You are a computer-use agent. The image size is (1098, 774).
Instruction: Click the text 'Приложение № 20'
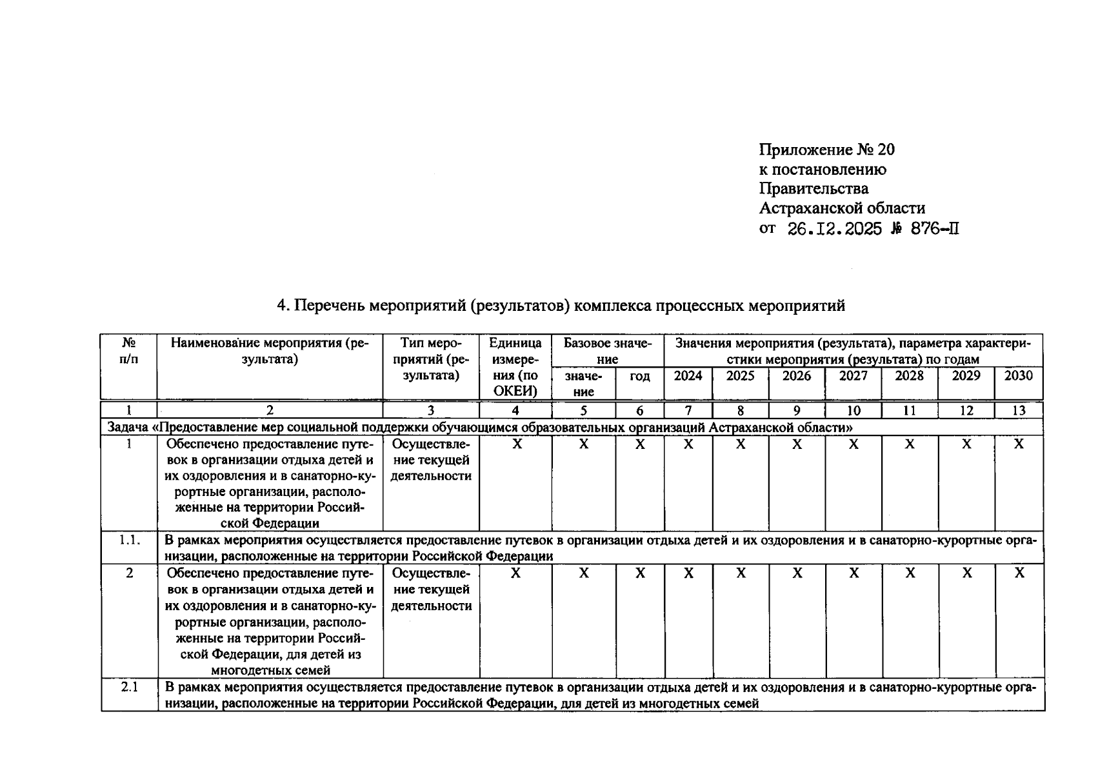point(826,150)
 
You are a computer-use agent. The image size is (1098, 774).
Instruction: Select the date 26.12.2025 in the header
point(835,229)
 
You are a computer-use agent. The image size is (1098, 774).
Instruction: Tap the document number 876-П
point(934,229)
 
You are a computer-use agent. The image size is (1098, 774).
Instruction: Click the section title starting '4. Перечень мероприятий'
point(561,306)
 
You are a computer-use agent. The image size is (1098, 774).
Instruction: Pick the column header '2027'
point(853,376)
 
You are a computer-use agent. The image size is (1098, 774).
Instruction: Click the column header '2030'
point(1018,376)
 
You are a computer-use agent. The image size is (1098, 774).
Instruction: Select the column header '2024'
point(688,376)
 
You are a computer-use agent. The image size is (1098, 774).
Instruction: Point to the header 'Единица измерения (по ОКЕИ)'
point(515,366)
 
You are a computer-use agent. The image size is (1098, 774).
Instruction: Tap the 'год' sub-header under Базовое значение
point(639,376)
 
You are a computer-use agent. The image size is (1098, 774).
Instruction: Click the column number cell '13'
point(1019,410)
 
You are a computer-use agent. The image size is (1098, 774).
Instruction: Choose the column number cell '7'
point(688,410)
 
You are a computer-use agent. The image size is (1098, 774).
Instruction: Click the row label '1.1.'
point(129,541)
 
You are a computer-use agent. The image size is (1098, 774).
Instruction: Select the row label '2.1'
point(129,688)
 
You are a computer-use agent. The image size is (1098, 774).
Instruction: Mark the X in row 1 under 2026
point(797,444)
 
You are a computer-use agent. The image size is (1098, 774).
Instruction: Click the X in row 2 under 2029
point(966,573)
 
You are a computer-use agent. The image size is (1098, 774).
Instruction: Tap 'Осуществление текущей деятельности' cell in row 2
point(431,590)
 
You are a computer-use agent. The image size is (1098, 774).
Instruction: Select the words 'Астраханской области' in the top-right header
point(842,208)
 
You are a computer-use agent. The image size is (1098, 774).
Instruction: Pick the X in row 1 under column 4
point(516,444)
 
